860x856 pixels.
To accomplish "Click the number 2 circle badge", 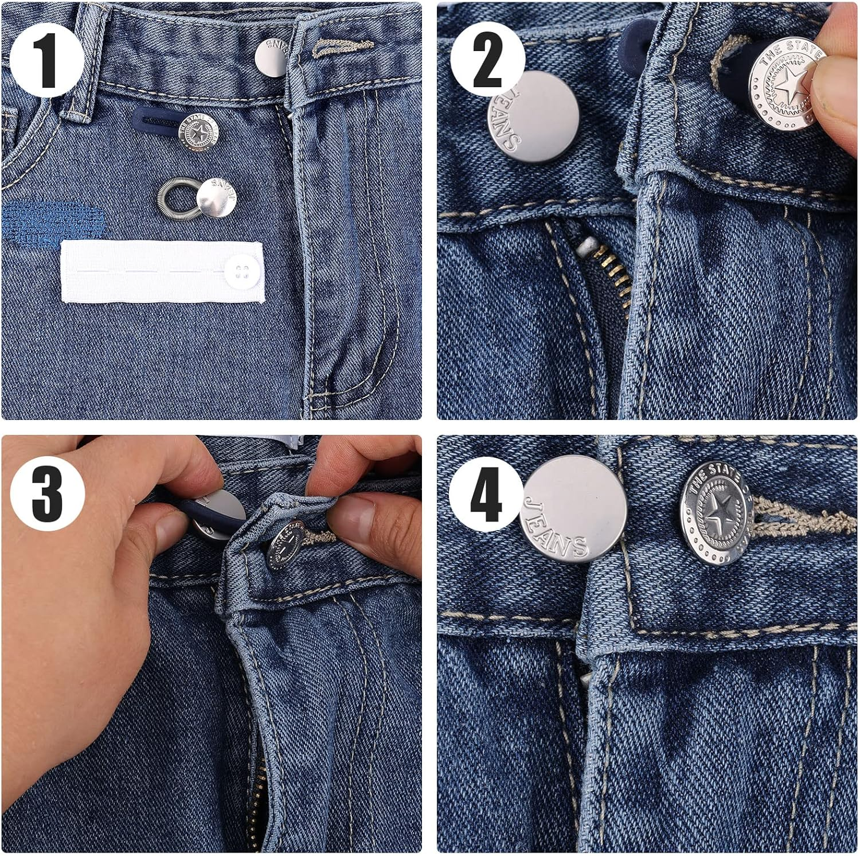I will click(x=487, y=60).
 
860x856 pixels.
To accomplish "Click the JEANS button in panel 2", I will click(x=533, y=117).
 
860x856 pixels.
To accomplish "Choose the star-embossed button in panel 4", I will click(x=717, y=512).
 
